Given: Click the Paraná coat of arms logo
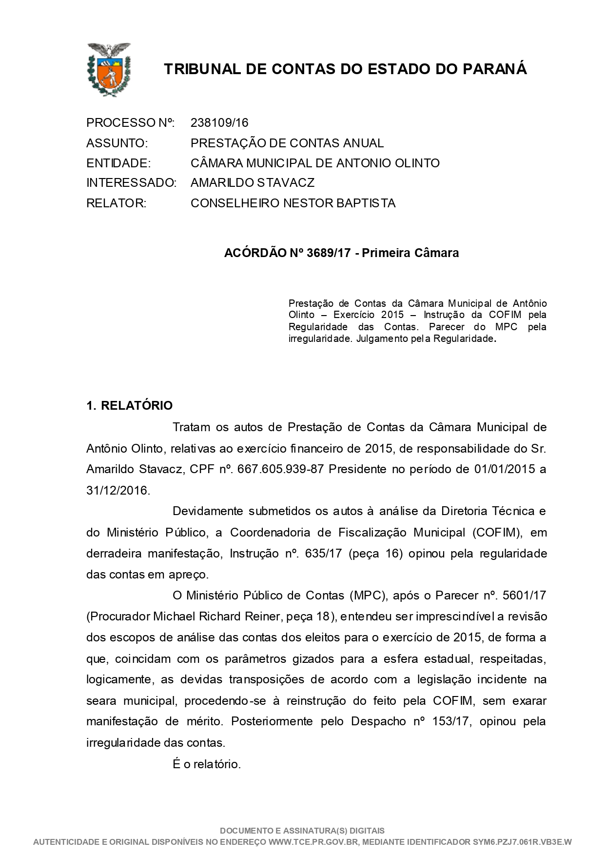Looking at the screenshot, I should tap(108, 69).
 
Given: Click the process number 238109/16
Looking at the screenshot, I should tap(219, 122).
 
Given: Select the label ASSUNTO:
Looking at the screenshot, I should tap(117, 143).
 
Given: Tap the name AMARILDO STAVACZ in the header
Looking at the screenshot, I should tap(252, 183).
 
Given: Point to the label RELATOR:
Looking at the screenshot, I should tap(116, 203).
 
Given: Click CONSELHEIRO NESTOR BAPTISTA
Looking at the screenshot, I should tap(293, 203).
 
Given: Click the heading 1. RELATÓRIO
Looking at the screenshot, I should tap(129, 405).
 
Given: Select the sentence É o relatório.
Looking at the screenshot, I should tap(207, 764).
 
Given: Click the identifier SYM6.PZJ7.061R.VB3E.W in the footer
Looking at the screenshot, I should tap(522, 842).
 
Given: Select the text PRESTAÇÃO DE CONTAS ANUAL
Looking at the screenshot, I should tap(287, 143).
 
